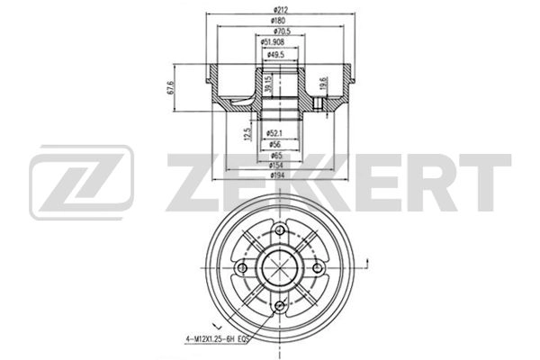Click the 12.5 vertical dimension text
click(x=248, y=135)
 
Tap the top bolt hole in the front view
click(x=280, y=233)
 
